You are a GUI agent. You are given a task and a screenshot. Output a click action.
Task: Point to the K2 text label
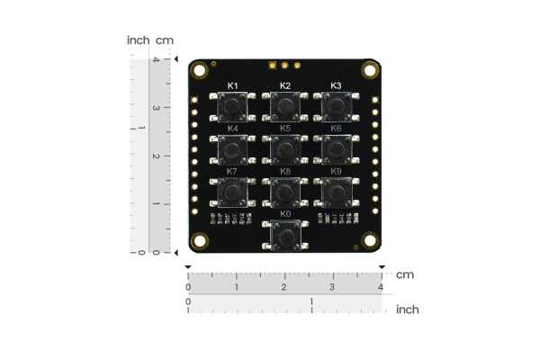pos(284,85)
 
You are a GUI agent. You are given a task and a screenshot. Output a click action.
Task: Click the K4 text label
pos(232,128)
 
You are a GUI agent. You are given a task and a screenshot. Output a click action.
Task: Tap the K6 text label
pos(336,128)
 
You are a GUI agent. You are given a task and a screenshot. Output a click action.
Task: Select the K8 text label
pos(284,171)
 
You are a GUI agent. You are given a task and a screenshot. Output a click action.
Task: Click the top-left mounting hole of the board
pos(198,70)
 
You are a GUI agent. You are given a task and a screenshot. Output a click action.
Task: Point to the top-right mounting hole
pos(370,70)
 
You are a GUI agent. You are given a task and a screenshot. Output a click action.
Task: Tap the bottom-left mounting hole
pos(198,241)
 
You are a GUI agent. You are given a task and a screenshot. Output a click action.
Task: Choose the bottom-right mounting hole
pos(370,241)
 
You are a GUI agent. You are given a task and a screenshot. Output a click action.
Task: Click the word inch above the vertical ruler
pos(138,40)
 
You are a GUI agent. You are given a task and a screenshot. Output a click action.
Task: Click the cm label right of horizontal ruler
pos(405,274)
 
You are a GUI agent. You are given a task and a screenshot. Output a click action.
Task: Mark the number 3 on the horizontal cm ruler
pos(332,286)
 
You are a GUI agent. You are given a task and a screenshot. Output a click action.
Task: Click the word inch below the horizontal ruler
pos(407,309)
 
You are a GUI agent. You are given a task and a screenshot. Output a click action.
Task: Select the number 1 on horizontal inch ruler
pos(311,301)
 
